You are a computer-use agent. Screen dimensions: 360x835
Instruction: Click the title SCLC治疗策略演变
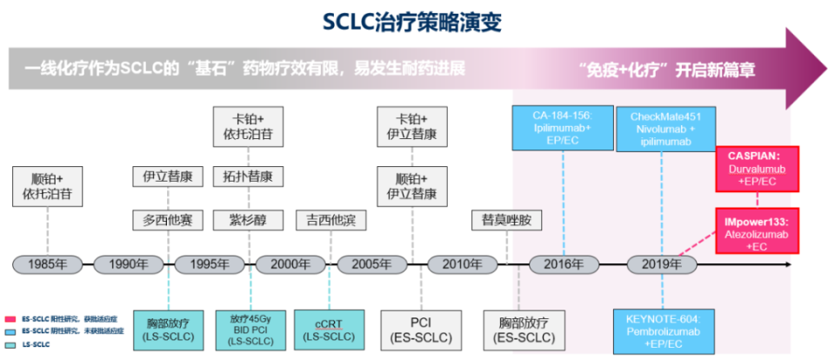tap(418, 20)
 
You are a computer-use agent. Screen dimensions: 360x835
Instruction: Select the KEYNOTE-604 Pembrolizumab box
tap(664, 330)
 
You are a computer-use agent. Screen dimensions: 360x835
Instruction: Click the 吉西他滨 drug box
tap(324, 219)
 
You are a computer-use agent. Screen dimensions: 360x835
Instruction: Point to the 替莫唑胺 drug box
tap(506, 219)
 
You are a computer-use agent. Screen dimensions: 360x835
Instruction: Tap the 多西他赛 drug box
tap(167, 219)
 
